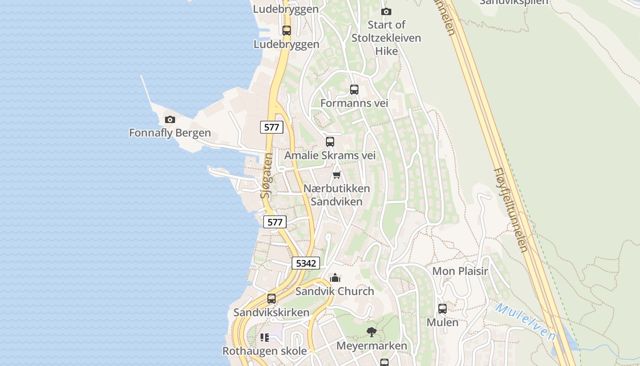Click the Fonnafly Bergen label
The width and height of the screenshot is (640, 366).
point(170,133)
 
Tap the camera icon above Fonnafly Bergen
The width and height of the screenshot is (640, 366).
point(170,120)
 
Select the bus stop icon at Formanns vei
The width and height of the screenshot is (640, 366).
point(354,90)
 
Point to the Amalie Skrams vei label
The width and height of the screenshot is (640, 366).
point(330,156)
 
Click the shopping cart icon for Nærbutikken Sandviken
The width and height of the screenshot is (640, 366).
point(337,175)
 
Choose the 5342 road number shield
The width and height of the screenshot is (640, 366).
point(306,263)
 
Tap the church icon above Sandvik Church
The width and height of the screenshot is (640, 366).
point(335,278)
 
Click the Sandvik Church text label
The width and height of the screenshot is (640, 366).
point(335,291)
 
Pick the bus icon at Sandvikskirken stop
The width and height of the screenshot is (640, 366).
point(272,299)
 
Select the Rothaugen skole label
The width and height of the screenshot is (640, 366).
point(264,351)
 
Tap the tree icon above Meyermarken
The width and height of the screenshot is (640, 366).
point(372,332)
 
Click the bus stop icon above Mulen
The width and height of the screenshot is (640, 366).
point(443,309)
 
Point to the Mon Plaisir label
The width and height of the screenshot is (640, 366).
point(460,271)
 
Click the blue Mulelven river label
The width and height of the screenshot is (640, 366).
point(526,322)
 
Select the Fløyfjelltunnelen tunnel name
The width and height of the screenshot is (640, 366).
point(511,210)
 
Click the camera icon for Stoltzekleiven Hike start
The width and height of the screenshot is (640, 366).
point(386,11)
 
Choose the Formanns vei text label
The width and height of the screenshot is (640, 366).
point(354,103)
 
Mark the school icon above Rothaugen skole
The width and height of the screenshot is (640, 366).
point(265,338)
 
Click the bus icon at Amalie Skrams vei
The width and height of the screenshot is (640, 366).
point(330,142)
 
